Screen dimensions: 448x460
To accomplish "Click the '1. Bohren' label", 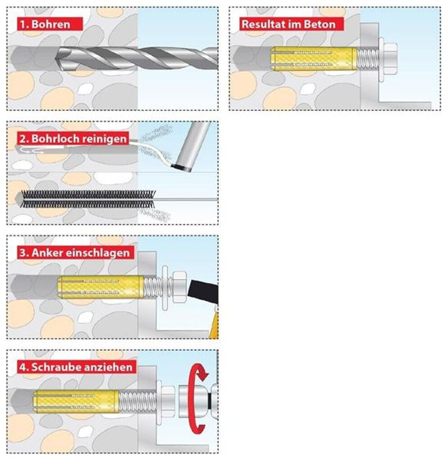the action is [x=50, y=24].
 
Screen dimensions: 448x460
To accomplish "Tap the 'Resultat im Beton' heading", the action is [x=292, y=24].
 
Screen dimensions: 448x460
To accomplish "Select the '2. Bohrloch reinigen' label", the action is [x=73, y=138].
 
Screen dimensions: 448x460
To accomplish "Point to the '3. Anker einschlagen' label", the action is [x=75, y=252].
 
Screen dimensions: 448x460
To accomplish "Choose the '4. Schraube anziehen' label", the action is [x=77, y=367].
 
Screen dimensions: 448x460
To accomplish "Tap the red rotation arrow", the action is [x=197, y=399].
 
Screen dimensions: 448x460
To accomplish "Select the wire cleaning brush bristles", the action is [x=88, y=199].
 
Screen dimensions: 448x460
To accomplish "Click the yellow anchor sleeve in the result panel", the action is [x=314, y=58].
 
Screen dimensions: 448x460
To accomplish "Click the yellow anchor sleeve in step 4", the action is [x=76, y=402].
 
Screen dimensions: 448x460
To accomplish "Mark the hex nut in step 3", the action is [x=179, y=287].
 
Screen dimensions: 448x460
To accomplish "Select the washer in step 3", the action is [x=165, y=287].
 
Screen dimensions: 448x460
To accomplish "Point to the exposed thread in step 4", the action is [x=138, y=402].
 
